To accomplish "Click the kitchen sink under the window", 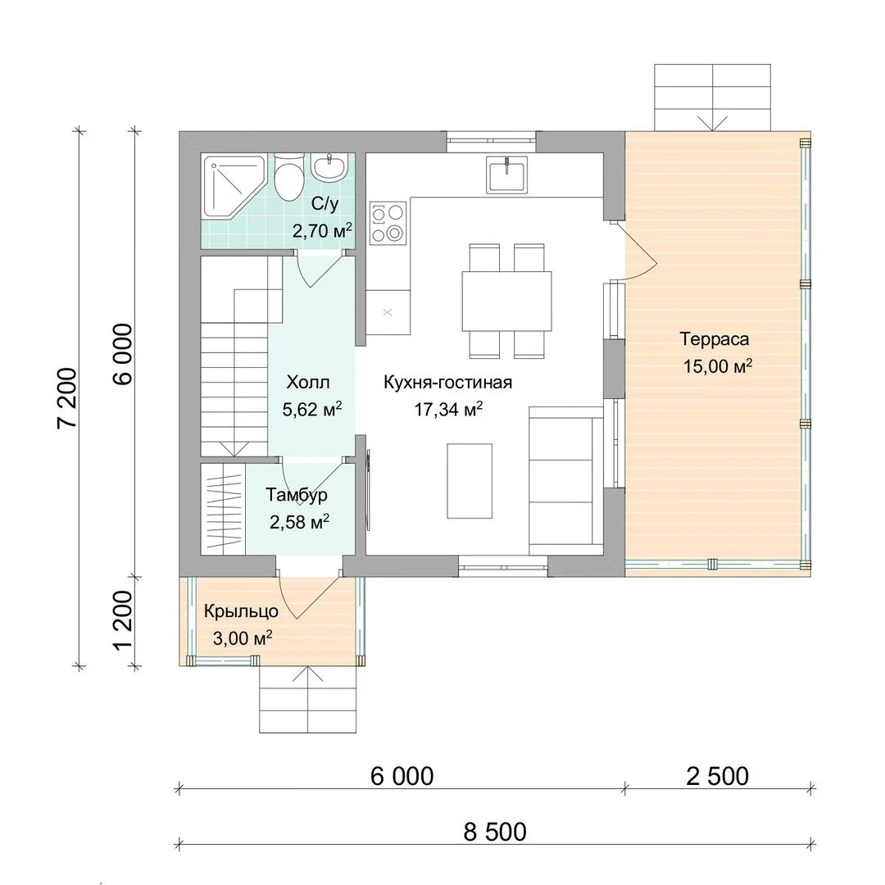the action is pyautogui.click(x=507, y=175).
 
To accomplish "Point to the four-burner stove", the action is pyautogui.click(x=388, y=223).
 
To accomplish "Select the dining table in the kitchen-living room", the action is pyautogui.click(x=507, y=301).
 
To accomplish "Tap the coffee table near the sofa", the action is pyautogui.click(x=470, y=480).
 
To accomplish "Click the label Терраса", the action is pyautogui.click(x=715, y=339).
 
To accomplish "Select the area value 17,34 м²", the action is pyautogui.click(x=449, y=409).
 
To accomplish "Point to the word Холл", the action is pyautogui.click(x=308, y=382).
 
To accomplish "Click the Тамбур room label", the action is pyautogui.click(x=297, y=495).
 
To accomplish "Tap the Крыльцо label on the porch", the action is pyautogui.click(x=241, y=611).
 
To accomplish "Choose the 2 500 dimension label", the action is pyautogui.click(x=717, y=777).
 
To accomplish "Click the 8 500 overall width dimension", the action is pyautogui.click(x=495, y=832).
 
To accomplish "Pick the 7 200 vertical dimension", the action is pyautogui.click(x=66, y=398).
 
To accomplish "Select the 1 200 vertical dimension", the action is pyautogui.click(x=123, y=620).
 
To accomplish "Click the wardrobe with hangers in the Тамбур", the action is pyautogui.click(x=223, y=509).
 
